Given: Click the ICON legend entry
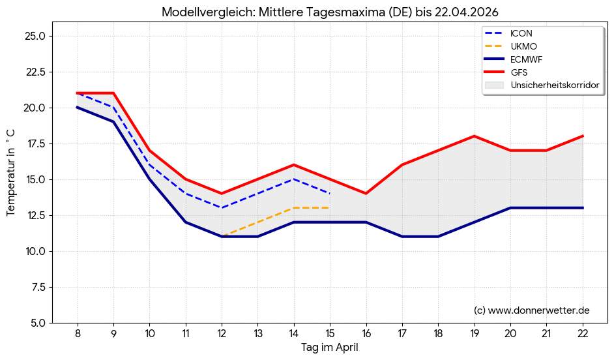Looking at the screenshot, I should [x=521, y=33].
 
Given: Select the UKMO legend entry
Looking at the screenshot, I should [x=523, y=46].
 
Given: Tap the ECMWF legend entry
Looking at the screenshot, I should [x=526, y=59].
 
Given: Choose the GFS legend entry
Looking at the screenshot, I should [x=519, y=72].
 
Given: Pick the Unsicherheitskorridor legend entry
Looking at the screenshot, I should [x=555, y=85].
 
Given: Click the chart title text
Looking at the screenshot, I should [x=330, y=12].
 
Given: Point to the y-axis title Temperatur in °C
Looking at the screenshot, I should [x=11, y=173].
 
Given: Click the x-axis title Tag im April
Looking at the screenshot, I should [x=330, y=348].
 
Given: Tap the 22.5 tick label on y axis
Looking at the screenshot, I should [x=33, y=72].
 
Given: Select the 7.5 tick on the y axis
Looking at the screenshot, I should [x=36, y=287].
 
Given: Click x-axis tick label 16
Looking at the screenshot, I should [x=366, y=333].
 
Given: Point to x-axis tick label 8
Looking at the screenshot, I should [x=78, y=333].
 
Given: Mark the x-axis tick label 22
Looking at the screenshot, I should [x=583, y=333].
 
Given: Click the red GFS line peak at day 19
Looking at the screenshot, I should [x=475, y=136].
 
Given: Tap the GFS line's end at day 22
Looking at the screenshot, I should [x=583, y=136].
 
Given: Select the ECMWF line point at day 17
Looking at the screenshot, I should [x=402, y=237].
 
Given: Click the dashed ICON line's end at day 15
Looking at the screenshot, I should [x=330, y=194].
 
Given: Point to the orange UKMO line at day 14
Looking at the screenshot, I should [x=294, y=208].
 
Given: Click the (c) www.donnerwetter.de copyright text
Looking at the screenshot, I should [x=531, y=310].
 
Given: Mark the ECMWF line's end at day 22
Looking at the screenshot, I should [x=583, y=208].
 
